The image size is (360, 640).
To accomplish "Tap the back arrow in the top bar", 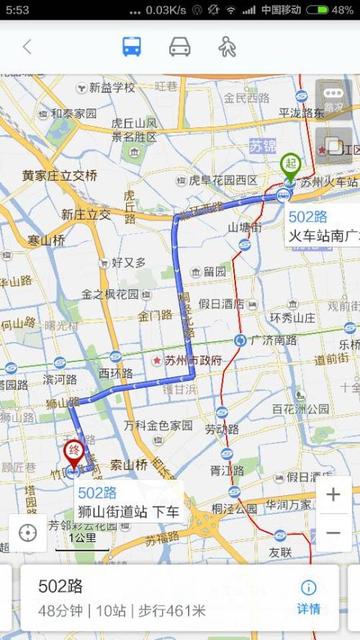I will (x=27, y=46).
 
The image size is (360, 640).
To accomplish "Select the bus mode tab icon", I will (x=132, y=46).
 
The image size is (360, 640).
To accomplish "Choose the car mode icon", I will (x=180, y=46).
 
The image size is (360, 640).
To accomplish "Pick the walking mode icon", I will (x=228, y=46).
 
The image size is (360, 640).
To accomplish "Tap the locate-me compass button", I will (x=27, y=532).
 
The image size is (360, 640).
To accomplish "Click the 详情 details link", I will (x=309, y=598).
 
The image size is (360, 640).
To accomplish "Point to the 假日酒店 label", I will (x=221, y=304).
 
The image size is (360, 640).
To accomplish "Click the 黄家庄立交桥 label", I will (x=60, y=174).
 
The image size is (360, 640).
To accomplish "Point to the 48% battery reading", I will (x=341, y=9).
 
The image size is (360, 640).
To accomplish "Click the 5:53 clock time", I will (x=17, y=9).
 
